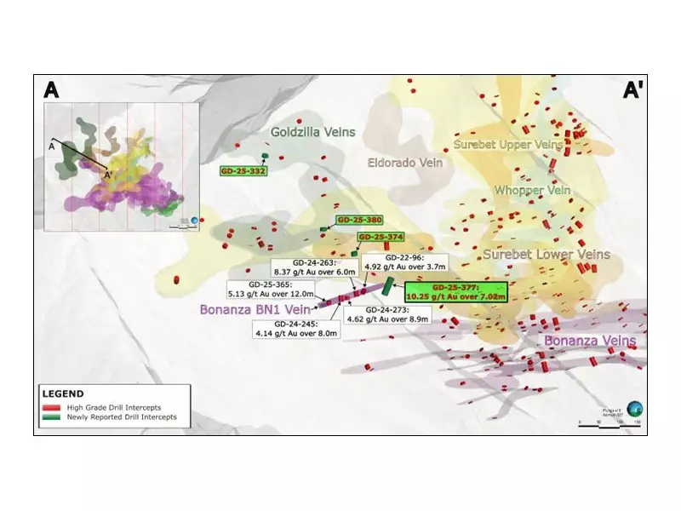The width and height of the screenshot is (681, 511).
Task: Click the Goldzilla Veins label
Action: [312, 132]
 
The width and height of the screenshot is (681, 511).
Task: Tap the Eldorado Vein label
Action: [405, 163]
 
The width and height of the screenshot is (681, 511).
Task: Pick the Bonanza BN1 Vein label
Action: [255, 310]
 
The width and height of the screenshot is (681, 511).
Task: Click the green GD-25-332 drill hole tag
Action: [243, 171]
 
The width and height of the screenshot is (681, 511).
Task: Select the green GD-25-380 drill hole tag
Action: [359, 220]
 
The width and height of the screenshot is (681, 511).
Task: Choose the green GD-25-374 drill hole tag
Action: [380, 237]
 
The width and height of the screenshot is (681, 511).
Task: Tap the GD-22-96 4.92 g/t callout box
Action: [392, 261]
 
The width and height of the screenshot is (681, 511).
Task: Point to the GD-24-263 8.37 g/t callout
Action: [303, 268]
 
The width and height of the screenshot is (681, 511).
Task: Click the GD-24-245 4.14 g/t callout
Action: [297, 329]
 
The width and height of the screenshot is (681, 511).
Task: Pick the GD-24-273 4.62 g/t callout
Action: [386, 313]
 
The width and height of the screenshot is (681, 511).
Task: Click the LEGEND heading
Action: [63, 393]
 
